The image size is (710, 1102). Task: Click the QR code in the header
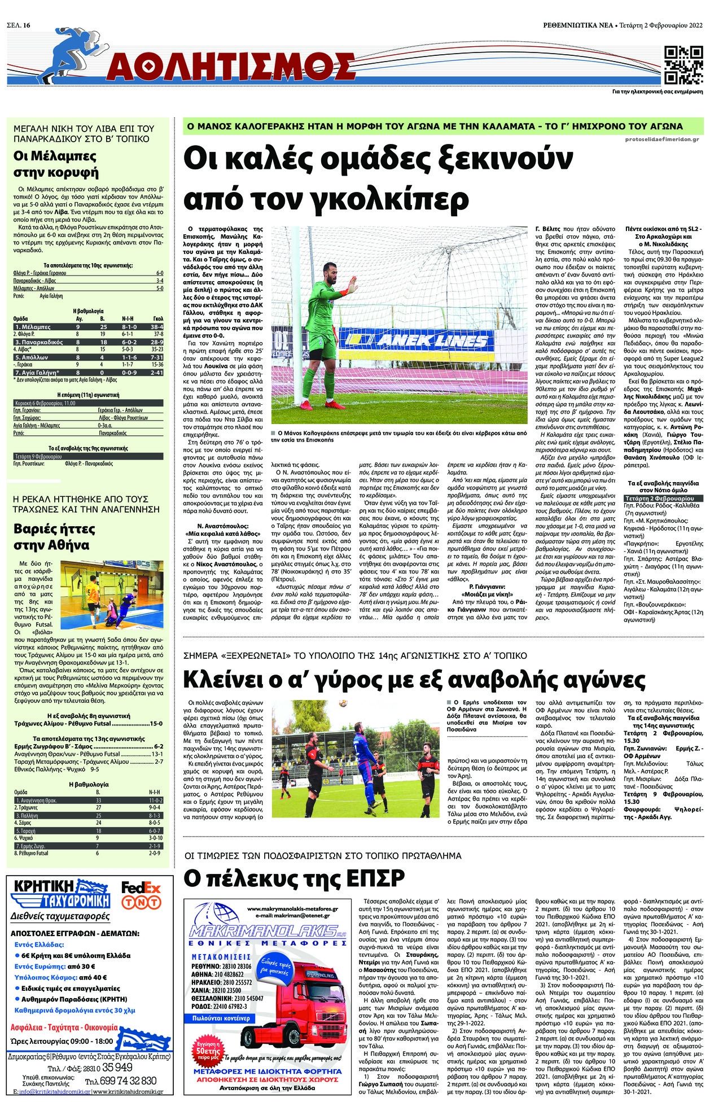[x=683, y=64]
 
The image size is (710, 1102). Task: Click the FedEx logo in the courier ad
[x=141, y=888]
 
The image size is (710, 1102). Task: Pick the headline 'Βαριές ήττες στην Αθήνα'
[x=51, y=537]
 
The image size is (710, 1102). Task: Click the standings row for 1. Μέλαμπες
[x=88, y=327]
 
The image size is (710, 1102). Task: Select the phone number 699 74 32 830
[x=120, y=1081]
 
